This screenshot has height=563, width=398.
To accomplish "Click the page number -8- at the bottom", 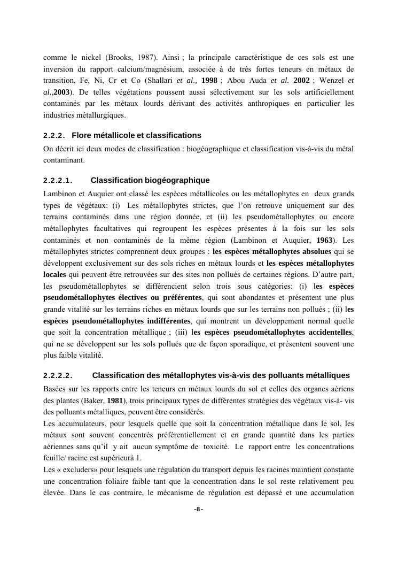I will pos(199,510).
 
